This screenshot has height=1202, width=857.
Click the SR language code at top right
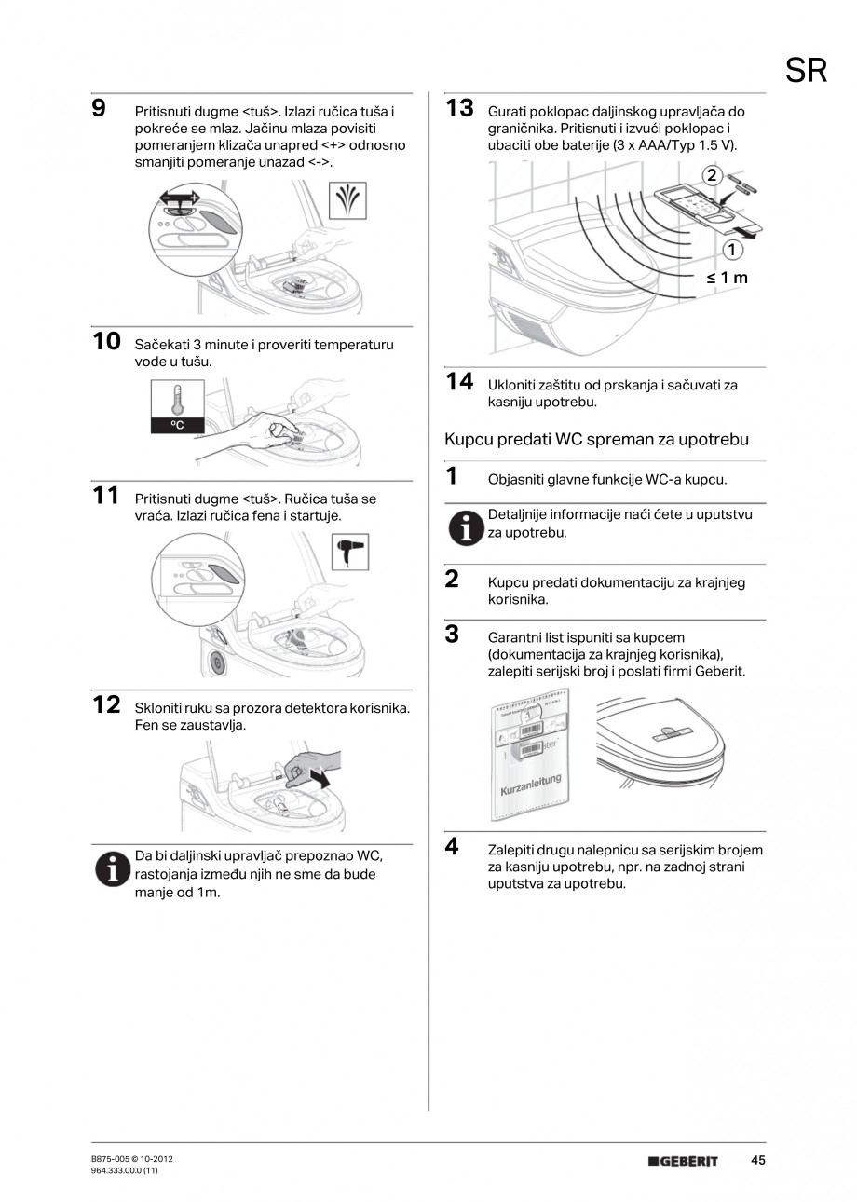[807, 71]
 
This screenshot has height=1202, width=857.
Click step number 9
[99, 108]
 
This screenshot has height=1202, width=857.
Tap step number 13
[459, 108]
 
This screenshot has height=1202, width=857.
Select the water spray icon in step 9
[349, 200]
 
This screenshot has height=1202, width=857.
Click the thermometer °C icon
[174, 406]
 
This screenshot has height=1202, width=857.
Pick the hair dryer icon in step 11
[349, 553]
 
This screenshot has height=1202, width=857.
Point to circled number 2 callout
[712, 174]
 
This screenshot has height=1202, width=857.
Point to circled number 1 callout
[731, 250]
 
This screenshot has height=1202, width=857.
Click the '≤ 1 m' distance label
[727, 277]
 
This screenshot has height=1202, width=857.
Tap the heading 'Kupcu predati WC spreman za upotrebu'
[596, 439]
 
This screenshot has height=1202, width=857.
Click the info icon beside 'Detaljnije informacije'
[463, 528]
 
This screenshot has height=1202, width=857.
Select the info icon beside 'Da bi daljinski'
[112, 869]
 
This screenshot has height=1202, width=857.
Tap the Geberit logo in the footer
[683, 1161]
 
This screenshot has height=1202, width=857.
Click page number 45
[757, 1160]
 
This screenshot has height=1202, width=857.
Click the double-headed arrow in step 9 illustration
[179, 198]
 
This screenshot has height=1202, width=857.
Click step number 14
[459, 381]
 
